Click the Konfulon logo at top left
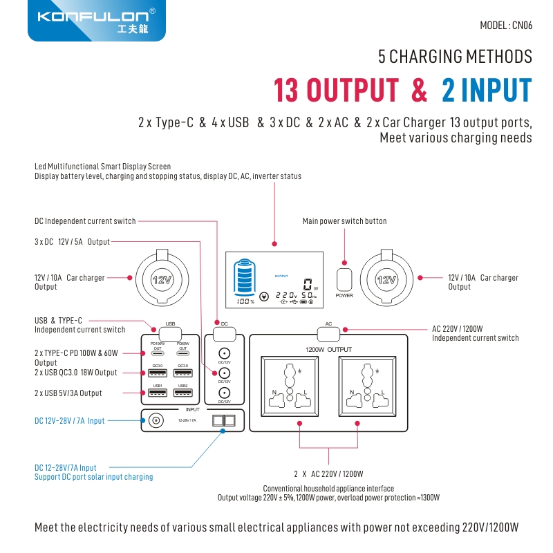point(96,20)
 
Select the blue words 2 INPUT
point(487,91)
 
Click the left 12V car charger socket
point(160,279)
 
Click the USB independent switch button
point(171,332)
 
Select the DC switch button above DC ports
point(224,332)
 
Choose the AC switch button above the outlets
point(328,332)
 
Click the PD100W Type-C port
point(158,352)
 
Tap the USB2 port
point(183,393)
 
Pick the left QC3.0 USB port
point(158,373)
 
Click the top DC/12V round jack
point(224,353)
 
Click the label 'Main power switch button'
point(344,221)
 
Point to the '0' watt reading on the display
point(307,283)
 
